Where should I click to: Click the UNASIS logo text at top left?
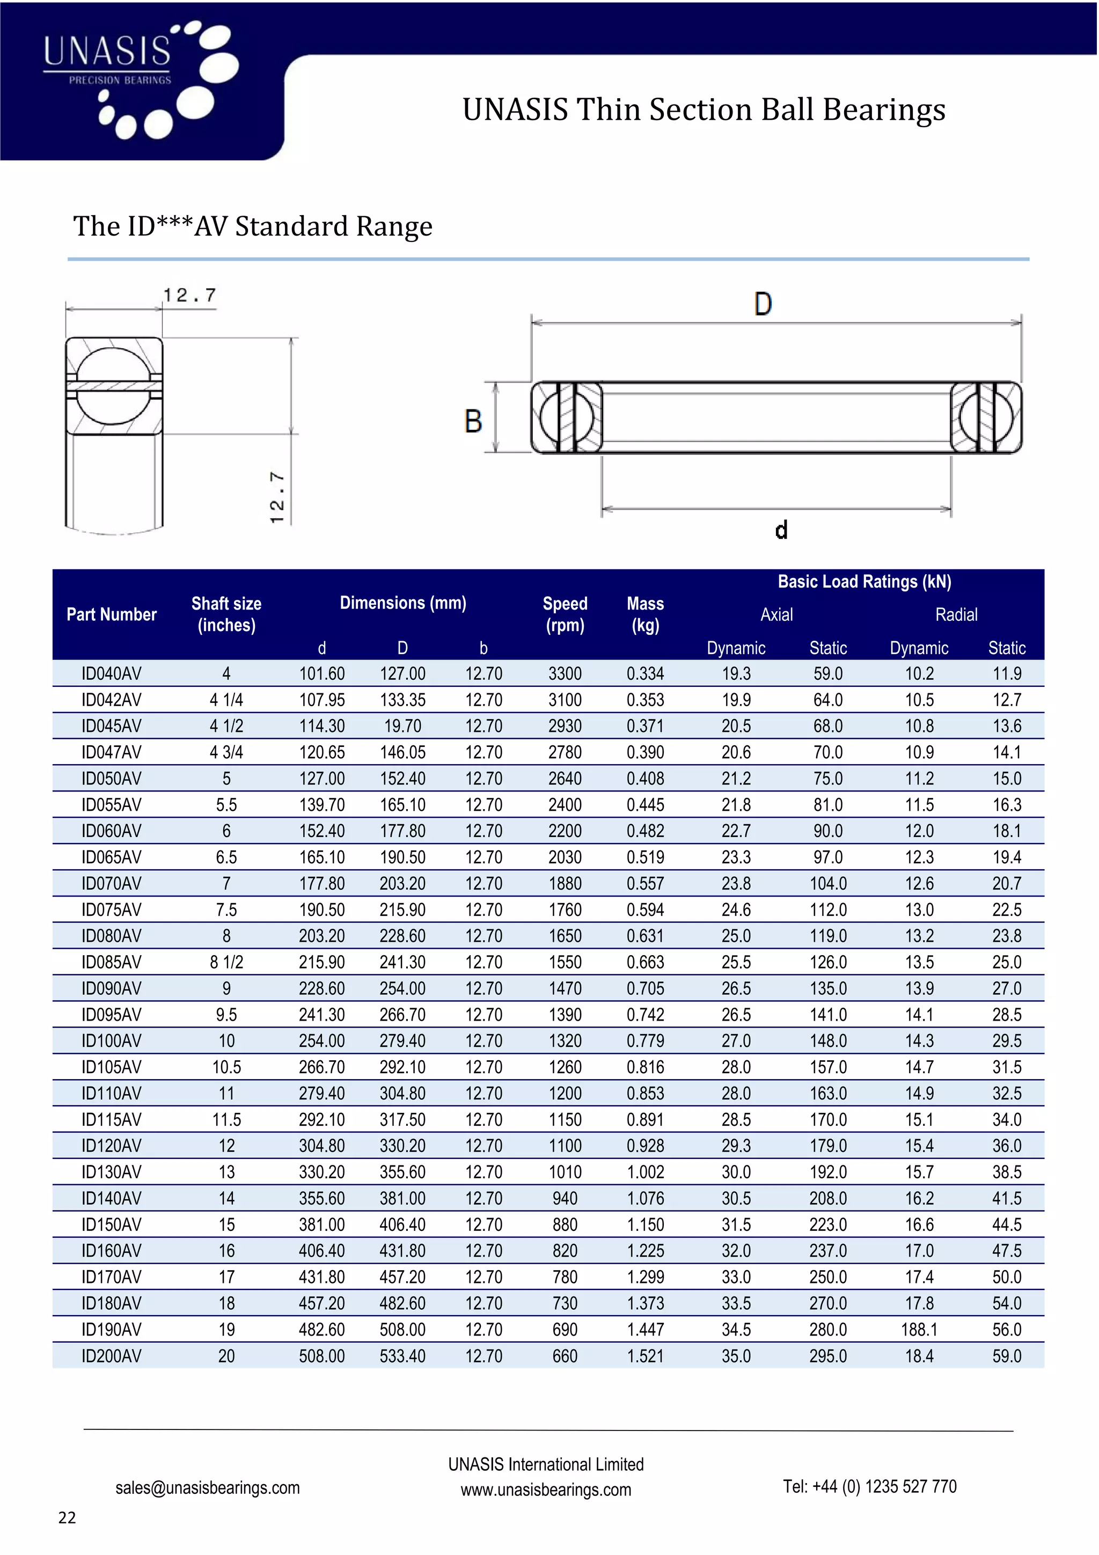(107, 52)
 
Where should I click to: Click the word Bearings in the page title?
(884, 109)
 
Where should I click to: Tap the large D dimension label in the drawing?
(763, 304)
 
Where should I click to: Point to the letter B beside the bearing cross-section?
(473, 421)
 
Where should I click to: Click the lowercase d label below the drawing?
(781, 530)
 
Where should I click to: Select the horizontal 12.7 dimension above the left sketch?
(189, 295)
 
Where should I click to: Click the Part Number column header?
(111, 614)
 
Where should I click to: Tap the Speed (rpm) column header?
(565, 614)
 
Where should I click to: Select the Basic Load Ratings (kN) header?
(864, 582)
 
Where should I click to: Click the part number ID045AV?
(111, 726)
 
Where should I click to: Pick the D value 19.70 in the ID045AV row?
(402, 726)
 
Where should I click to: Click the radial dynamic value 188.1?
(919, 1330)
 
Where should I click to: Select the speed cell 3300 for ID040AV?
(565, 674)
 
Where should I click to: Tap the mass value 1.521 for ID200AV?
(646, 1356)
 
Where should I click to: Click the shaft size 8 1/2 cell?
(226, 963)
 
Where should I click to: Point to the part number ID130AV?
(111, 1172)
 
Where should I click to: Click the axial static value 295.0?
(827, 1356)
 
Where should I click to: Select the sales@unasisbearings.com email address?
(207, 1487)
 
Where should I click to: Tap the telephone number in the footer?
(869, 1487)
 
